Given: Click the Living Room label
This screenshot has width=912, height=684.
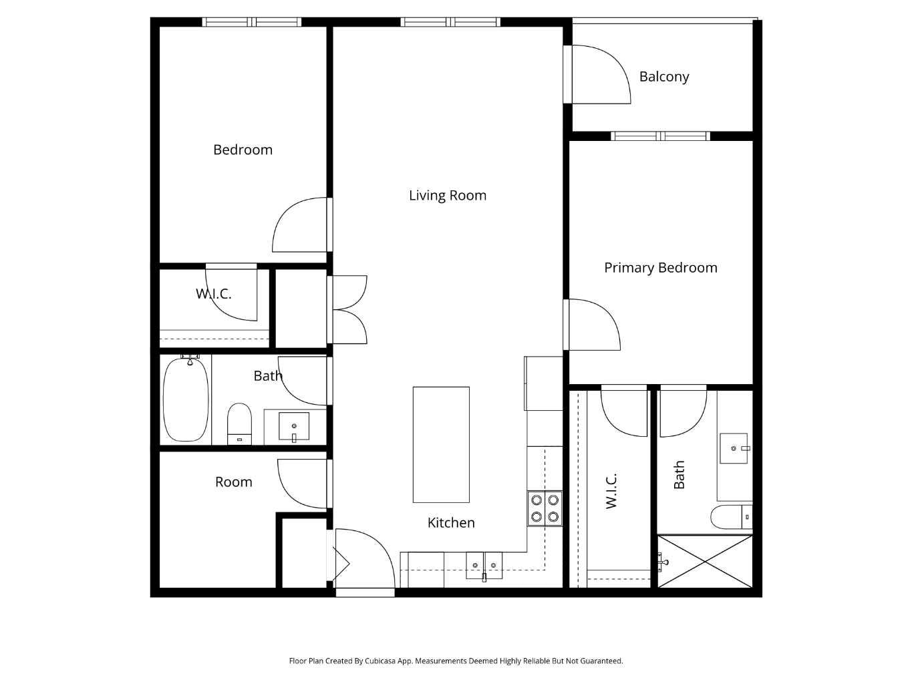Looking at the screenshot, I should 447,196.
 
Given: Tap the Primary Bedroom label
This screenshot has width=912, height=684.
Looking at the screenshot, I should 660,268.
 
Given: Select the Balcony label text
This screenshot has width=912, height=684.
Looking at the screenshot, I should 663,77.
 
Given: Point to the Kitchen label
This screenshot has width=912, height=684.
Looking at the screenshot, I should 451,523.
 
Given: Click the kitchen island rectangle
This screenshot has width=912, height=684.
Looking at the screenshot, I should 441,444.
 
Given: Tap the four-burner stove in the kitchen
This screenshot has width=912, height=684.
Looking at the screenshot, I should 545,508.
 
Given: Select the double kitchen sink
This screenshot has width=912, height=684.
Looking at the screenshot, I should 484,565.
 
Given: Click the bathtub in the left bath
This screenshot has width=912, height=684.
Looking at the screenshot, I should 186,399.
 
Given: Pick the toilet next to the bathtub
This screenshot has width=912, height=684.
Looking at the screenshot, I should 239,423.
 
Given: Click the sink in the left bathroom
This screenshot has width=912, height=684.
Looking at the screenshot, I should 294,427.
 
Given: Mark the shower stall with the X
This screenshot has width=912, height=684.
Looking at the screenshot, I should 705,561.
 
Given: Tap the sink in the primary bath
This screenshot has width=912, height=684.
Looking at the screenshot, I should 734,448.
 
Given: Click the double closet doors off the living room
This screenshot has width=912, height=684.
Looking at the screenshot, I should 349,310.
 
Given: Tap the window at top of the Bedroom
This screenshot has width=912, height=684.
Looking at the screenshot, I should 252,22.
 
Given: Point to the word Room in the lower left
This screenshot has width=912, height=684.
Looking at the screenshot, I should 233,482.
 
